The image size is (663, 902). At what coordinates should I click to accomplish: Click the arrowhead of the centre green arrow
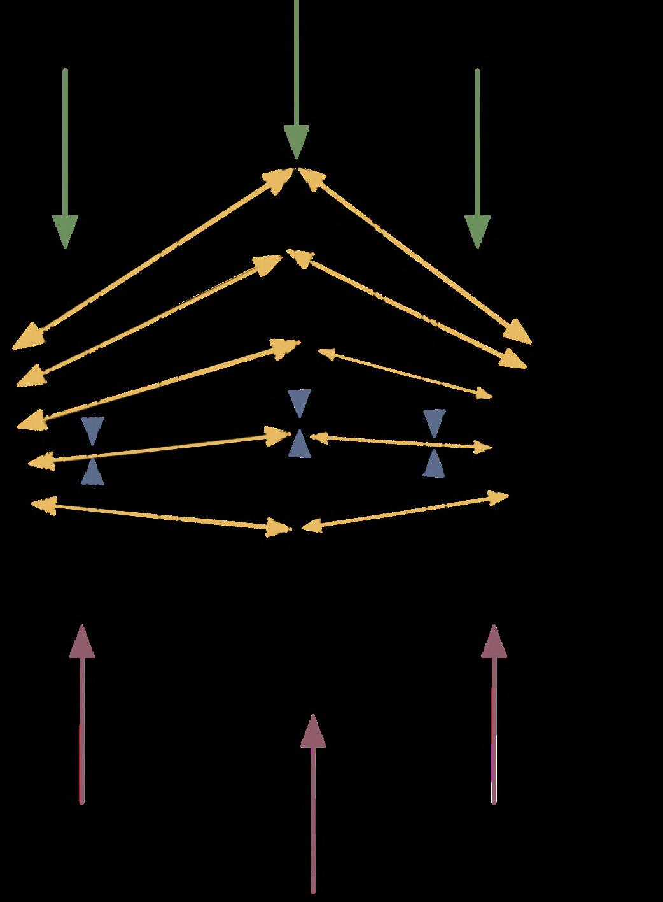coord(296,141)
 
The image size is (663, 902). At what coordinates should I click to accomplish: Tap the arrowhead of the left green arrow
coord(65,231)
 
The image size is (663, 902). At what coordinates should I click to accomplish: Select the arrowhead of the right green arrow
coord(477,231)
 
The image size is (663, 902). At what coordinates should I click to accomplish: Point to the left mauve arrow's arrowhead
coord(81,642)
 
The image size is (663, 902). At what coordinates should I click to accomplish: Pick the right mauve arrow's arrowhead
coord(494,642)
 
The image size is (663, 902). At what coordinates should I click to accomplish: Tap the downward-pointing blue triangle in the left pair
coord(92,431)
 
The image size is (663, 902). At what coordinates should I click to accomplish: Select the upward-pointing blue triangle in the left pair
coord(92,471)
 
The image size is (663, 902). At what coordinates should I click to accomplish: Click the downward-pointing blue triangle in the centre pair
coord(298,403)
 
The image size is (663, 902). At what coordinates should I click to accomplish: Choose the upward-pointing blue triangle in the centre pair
coord(298,444)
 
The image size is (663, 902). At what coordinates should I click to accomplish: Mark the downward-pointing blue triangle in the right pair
coord(435,423)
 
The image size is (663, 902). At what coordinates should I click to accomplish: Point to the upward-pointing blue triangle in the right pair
coord(434,464)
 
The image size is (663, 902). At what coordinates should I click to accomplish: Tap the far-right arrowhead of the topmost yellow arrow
coord(518,333)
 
